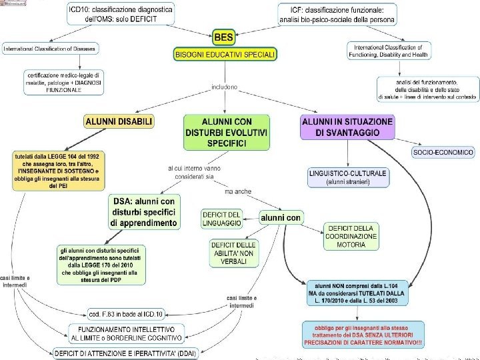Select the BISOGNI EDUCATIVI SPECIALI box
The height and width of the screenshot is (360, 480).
coord(225,54)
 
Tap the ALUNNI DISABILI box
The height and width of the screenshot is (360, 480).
coord(119,121)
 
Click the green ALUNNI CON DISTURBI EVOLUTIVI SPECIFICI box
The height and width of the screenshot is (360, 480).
coord(227,132)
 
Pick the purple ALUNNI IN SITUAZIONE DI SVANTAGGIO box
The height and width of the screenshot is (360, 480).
coord(347,127)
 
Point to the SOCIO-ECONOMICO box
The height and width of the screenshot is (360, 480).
coord(443,153)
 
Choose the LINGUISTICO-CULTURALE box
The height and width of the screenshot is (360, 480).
coord(347,177)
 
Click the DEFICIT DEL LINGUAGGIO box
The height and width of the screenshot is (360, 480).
coord(221,218)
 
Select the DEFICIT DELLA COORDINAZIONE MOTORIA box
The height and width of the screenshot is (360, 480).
coord(351,236)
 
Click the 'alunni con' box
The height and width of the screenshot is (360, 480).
coord(281,217)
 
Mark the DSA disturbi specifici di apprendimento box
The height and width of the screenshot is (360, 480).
coord(144,212)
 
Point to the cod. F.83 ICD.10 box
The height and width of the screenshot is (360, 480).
coord(125,313)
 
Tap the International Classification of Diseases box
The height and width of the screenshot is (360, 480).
coord(49,49)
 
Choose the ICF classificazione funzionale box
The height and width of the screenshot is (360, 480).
coord(337,14)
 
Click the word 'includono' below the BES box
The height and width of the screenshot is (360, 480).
coord(225,87)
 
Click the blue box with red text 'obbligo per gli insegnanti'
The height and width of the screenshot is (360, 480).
coord(363,334)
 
